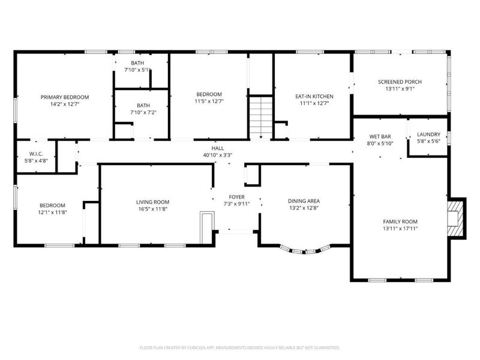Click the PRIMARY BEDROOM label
coord(65,97)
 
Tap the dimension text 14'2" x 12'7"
coord(65,104)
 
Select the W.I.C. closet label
coord(36,154)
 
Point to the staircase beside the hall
coord(260,118)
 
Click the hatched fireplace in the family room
coord(456,218)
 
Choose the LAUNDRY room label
coord(428,134)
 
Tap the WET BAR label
coord(380,137)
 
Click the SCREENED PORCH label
coord(400,82)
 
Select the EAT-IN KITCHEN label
coord(314,97)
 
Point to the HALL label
coord(217,148)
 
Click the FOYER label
coord(236,197)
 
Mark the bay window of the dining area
coord(304,250)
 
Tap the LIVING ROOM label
coord(153,202)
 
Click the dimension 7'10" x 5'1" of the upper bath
coord(137,70)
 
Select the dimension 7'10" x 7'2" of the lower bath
coord(143,112)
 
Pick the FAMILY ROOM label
coord(400,221)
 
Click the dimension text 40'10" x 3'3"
coord(218,155)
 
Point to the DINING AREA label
coord(304,201)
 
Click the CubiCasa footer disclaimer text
coord(239,348)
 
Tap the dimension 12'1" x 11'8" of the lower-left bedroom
coord(52,212)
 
